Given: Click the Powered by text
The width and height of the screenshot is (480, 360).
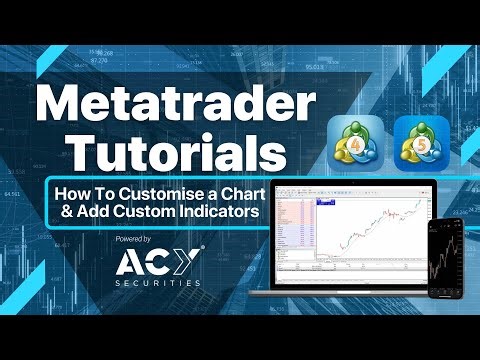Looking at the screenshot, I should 133,240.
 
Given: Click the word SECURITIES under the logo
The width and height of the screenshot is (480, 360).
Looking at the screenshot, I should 157,283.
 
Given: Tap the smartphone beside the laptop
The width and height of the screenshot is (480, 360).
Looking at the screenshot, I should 444,256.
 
